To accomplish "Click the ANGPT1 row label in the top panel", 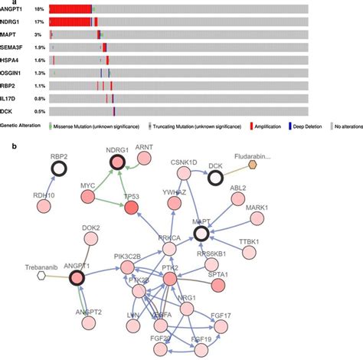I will point(13,10).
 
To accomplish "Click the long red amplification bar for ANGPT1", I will point(70,10).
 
